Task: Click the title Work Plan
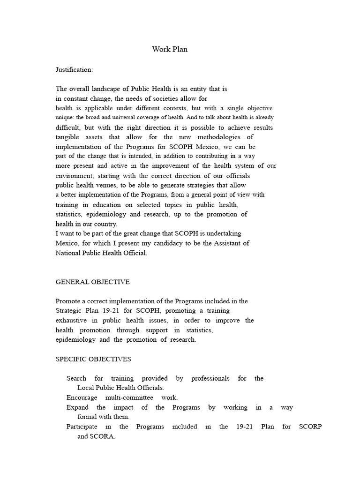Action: pos(170,49)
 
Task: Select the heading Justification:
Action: pos(75,69)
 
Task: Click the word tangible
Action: pos(69,137)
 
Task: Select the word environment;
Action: pos(72,176)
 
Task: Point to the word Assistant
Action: pos(227,243)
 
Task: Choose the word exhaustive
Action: pos(70,320)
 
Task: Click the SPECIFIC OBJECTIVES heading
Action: pos(93,359)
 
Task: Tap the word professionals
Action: pos(210,378)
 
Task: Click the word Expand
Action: pos(77,407)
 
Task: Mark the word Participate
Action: pos(82,427)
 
